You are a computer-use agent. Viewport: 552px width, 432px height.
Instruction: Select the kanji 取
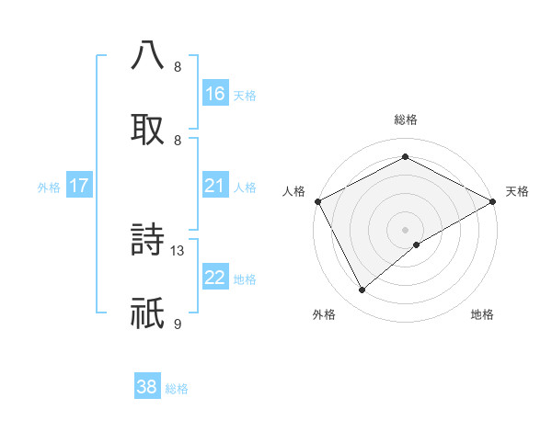[147, 128]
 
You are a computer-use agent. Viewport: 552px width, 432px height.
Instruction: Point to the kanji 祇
[147, 313]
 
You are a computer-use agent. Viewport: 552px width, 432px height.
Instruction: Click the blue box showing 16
[215, 93]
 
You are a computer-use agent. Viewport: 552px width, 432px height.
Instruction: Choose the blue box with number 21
[215, 186]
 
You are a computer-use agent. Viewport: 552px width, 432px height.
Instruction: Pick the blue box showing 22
[215, 278]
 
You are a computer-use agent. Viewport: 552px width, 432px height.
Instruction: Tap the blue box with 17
[79, 186]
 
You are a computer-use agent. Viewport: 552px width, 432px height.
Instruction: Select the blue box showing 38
[147, 387]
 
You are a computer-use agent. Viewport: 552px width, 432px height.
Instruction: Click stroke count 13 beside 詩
[178, 249]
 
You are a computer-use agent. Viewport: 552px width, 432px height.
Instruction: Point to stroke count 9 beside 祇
[178, 324]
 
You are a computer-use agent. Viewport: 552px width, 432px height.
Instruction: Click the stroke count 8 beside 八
[178, 66]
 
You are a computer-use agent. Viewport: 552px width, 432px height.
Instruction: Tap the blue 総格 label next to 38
[177, 389]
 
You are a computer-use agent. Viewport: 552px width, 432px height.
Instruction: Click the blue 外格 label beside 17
[49, 188]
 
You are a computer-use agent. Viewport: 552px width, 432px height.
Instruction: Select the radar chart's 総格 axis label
[405, 119]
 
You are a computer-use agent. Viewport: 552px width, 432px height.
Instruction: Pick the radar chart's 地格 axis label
[482, 314]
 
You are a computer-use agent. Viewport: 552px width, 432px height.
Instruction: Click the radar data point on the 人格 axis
[317, 201]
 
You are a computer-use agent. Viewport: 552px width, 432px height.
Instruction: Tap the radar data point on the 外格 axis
[362, 290]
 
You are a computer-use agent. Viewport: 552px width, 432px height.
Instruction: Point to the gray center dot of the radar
[405, 229]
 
